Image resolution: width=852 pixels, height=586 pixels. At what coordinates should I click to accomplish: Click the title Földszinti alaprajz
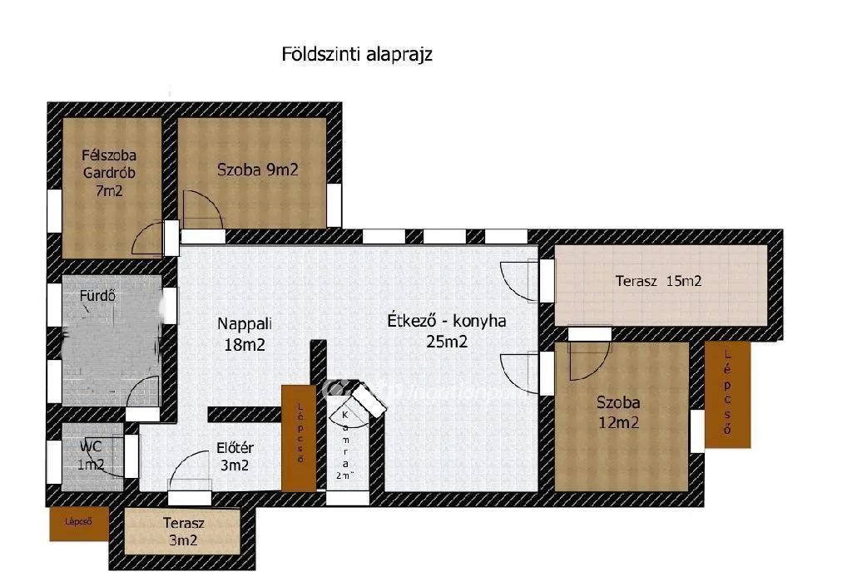click(x=358, y=55)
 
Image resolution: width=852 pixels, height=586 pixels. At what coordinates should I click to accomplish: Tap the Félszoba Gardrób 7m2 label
click(x=109, y=173)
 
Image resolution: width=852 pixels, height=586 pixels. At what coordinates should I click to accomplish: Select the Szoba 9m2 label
click(x=257, y=170)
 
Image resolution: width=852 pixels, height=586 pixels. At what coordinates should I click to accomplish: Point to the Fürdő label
click(x=97, y=295)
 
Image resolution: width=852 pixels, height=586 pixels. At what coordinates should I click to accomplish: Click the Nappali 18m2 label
click(x=245, y=333)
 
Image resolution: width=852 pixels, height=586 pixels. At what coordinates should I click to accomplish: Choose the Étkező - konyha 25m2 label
click(x=447, y=330)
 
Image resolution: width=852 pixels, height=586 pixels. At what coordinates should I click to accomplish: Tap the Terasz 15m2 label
click(x=658, y=281)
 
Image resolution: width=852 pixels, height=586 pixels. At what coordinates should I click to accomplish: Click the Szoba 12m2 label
click(x=617, y=412)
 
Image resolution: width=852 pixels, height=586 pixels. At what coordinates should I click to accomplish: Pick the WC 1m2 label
click(x=92, y=456)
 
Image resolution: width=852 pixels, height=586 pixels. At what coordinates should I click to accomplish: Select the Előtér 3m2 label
click(x=232, y=456)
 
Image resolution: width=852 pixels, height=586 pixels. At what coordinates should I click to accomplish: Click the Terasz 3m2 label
click(x=180, y=532)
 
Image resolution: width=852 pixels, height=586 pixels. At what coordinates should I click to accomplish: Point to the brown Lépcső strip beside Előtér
click(x=299, y=437)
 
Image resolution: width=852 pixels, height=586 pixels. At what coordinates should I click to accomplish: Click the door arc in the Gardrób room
click(x=150, y=238)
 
